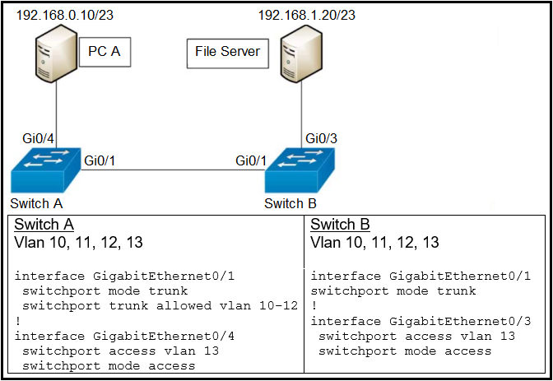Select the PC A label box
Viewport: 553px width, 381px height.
click(105, 52)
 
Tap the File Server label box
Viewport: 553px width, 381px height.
click(227, 52)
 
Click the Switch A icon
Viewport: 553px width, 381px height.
click(44, 171)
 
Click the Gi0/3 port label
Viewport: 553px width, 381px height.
click(321, 137)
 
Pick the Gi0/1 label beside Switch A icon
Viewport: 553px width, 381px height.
click(100, 160)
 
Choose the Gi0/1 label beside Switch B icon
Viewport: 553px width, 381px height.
click(251, 160)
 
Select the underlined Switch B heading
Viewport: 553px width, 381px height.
click(340, 225)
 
